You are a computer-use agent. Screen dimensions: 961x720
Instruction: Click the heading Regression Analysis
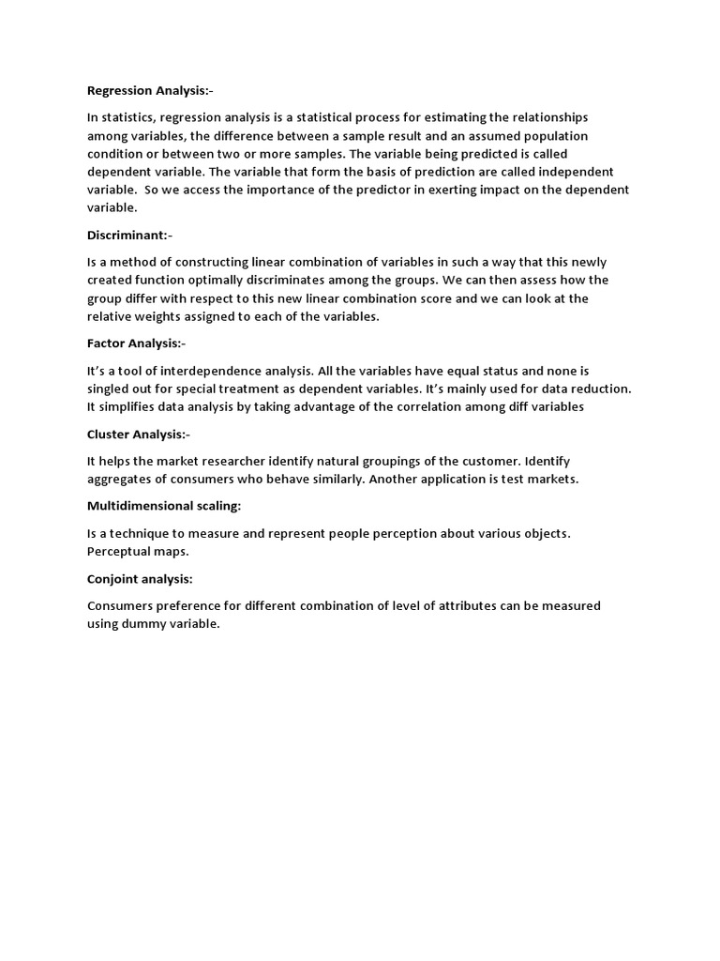[150, 91]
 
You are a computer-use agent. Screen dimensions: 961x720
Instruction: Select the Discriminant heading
[130, 236]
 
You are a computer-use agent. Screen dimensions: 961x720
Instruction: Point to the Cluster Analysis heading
[139, 435]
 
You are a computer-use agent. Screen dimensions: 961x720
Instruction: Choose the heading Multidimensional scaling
[164, 506]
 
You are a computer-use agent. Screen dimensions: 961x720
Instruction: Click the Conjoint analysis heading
[140, 579]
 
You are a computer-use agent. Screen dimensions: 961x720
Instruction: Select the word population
[554, 136]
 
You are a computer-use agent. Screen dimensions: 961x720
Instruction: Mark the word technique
[136, 533]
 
